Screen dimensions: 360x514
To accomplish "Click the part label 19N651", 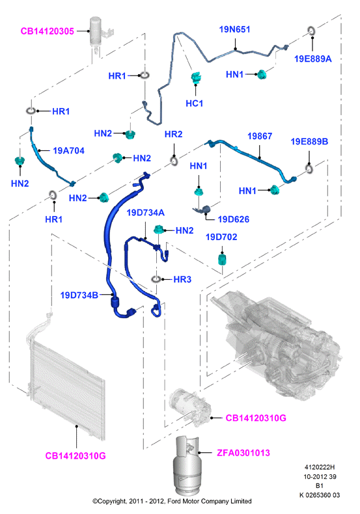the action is [234, 29].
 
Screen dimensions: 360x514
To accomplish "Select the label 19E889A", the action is [312, 59].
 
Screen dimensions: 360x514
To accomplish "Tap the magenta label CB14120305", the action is [48, 31].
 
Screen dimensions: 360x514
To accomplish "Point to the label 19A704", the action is [68, 151].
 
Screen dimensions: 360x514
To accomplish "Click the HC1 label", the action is [195, 103].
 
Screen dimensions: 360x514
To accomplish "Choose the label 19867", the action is [260, 136].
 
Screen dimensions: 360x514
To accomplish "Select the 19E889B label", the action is [309, 142].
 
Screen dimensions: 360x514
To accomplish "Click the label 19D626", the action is [234, 219].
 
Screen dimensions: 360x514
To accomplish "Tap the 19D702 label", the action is [221, 237].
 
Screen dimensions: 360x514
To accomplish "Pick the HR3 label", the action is [182, 279].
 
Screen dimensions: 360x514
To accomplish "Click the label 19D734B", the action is [79, 295].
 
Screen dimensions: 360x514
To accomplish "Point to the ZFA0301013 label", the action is [243, 453].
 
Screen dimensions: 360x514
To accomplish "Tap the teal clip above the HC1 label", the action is [196, 77].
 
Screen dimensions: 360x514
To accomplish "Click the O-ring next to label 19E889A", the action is [311, 31].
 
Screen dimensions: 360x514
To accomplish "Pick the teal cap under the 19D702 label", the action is [223, 259].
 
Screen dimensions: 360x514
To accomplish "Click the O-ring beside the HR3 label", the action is [156, 279].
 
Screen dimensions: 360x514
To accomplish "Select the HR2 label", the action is [173, 134].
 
